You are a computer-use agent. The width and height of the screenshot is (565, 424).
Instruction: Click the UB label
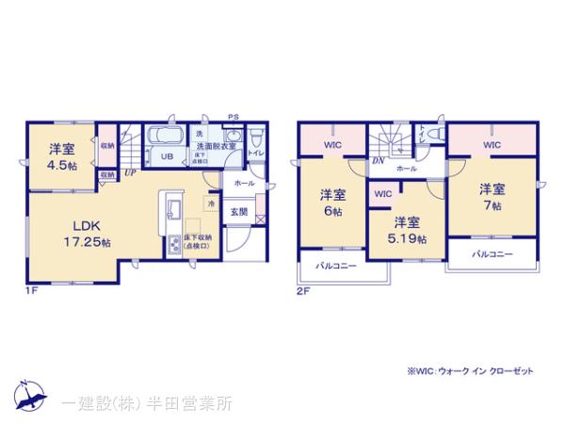coord(166,156)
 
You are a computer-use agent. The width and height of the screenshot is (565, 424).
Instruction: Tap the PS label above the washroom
coord(232,117)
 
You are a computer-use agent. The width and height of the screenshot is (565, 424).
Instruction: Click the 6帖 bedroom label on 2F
coord(331,203)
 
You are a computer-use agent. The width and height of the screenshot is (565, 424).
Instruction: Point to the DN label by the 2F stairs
coord(378,161)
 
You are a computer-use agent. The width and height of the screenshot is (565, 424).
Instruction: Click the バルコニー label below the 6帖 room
coord(336,267)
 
